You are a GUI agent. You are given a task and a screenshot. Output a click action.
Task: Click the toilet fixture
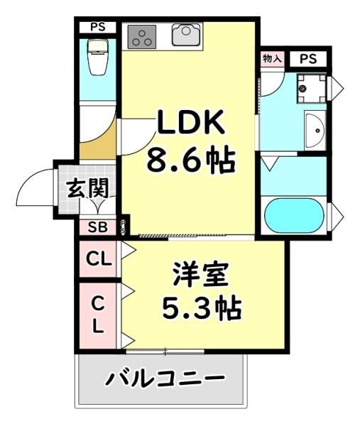tap(98, 57)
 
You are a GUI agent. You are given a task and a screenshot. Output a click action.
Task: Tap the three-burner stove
tap(141, 37)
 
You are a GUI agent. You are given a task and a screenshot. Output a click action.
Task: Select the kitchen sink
tap(186, 35)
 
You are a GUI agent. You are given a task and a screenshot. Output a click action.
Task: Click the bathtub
tap(295, 215)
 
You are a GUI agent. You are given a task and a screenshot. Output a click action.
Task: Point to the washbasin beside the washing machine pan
tap(315, 131)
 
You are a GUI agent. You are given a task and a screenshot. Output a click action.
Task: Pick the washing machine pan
tap(311, 88)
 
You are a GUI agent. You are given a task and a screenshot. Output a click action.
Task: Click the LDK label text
tap(191, 122)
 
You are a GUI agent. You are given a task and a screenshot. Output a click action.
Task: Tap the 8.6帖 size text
tap(191, 160)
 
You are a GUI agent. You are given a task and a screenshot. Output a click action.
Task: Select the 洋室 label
tap(201, 275)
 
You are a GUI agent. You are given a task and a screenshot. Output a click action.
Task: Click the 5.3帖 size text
tap(202, 309)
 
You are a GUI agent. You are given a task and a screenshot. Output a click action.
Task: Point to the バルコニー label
tap(165, 377)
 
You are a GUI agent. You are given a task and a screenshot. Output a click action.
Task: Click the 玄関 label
tap(87, 187)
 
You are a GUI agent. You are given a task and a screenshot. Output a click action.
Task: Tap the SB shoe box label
tap(97, 227)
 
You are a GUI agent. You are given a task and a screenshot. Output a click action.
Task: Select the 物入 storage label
tap(272, 58)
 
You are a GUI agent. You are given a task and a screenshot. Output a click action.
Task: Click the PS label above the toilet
tap(98, 27)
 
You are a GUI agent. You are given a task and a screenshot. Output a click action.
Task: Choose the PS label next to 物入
tap(308, 59)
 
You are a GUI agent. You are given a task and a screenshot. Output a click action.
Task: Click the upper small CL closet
tap(99, 259)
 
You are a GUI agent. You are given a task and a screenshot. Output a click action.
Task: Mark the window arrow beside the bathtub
tap(337, 217)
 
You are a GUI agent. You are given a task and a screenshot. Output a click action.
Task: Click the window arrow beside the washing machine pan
tap(337, 88)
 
